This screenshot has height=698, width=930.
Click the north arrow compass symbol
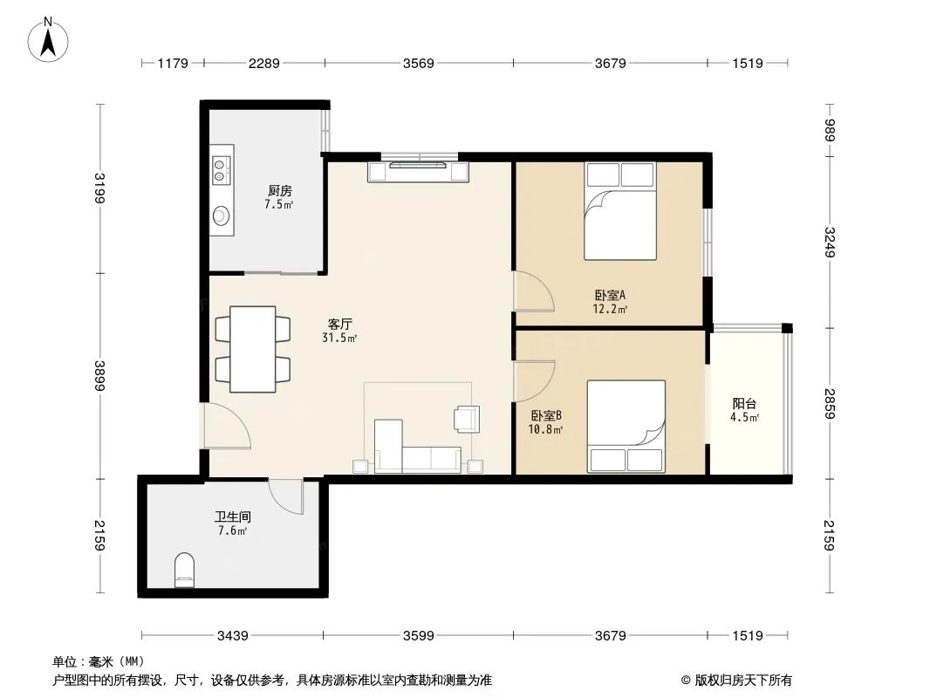pyautogui.click(x=48, y=40)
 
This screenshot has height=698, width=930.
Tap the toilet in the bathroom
pyautogui.click(x=184, y=570)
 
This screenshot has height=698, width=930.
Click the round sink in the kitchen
pyautogui.click(x=222, y=215)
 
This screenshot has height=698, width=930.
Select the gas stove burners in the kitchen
pyautogui.click(x=220, y=169)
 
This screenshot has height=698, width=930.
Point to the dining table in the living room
pyautogui.click(x=253, y=349)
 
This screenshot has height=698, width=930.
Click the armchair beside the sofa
pyautogui.click(x=467, y=419)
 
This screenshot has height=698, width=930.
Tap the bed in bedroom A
pyautogui.click(x=619, y=211)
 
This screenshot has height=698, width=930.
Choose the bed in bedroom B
pyautogui.click(x=626, y=427)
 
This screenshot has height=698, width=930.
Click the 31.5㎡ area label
pyautogui.click(x=339, y=338)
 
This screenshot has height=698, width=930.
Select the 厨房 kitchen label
pyautogui.click(x=279, y=190)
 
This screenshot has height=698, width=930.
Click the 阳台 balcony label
pyautogui.click(x=744, y=404)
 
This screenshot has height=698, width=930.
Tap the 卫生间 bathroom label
pyautogui.click(x=232, y=517)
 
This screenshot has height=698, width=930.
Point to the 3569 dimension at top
pyautogui.click(x=419, y=63)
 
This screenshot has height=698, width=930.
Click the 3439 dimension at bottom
pyautogui.click(x=232, y=636)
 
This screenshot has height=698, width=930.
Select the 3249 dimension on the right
pyautogui.click(x=829, y=243)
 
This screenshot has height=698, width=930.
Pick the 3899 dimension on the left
pyautogui.click(x=100, y=376)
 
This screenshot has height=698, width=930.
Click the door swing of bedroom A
pyautogui.click(x=534, y=291)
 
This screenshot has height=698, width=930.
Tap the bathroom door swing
pyautogui.click(x=286, y=496)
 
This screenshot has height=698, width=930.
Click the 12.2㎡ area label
pyautogui.click(x=610, y=309)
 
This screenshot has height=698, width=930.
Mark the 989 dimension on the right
pyautogui.click(x=829, y=131)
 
